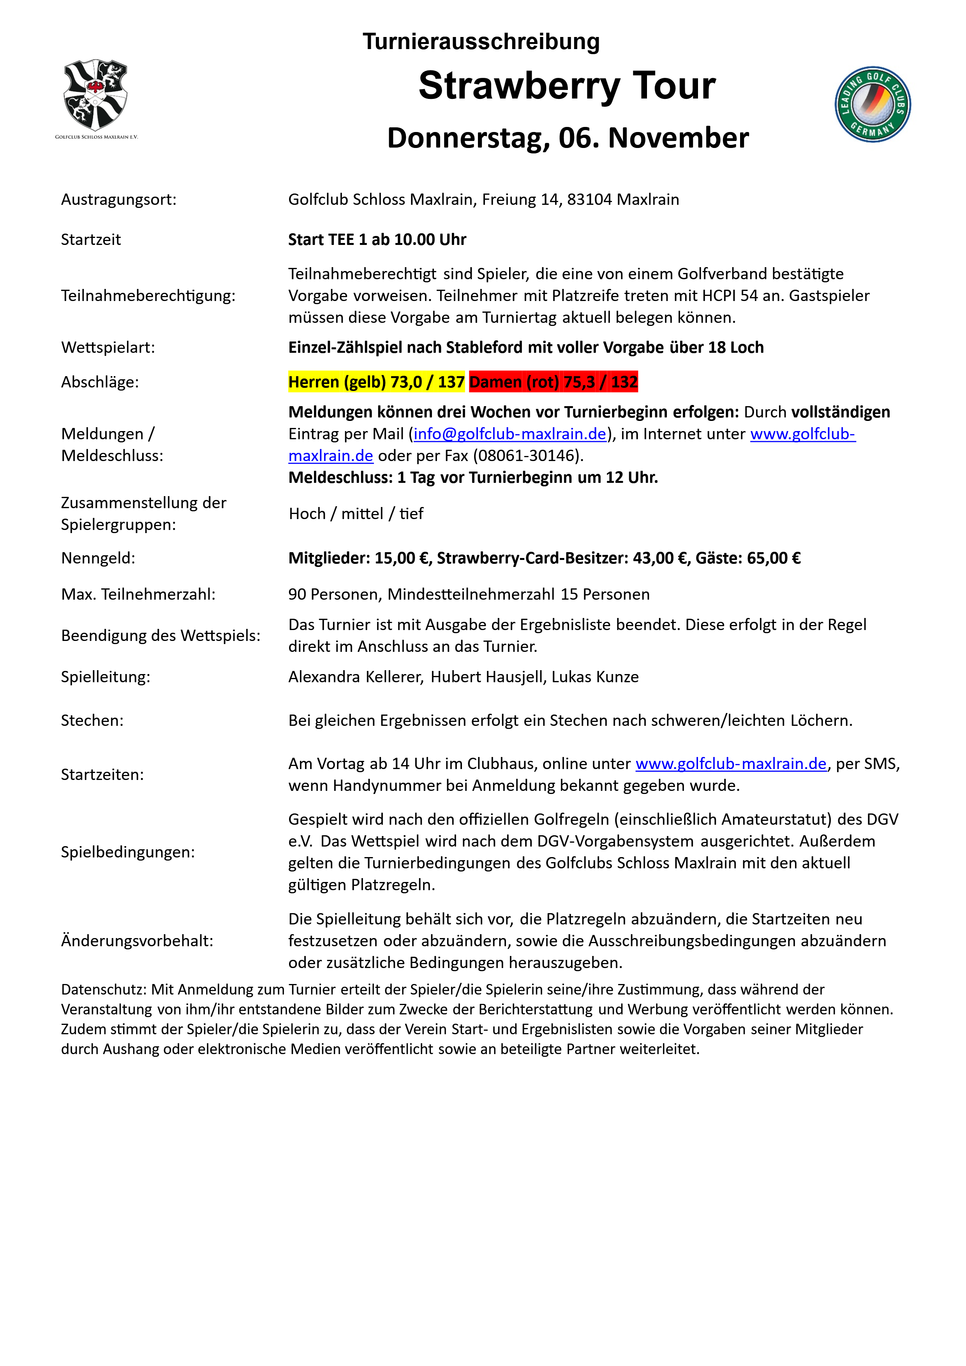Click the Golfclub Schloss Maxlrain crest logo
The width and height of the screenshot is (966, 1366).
[x=96, y=95]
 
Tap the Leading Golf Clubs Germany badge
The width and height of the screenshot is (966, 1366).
[x=872, y=104]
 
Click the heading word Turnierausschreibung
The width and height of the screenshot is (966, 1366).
[x=481, y=42]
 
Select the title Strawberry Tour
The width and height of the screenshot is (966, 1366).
[x=567, y=86]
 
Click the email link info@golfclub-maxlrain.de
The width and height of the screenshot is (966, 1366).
[x=509, y=434]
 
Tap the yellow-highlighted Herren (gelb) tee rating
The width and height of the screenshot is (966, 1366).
[x=376, y=382]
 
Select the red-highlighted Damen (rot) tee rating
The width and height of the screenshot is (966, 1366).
[x=553, y=382]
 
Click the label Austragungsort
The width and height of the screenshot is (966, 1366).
[x=118, y=199]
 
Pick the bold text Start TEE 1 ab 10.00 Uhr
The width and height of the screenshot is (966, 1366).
[x=377, y=240]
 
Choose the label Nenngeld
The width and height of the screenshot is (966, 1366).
[x=98, y=558]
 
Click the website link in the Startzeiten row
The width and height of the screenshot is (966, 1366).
[x=731, y=764]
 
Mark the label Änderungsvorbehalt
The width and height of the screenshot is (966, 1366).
[x=137, y=941]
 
